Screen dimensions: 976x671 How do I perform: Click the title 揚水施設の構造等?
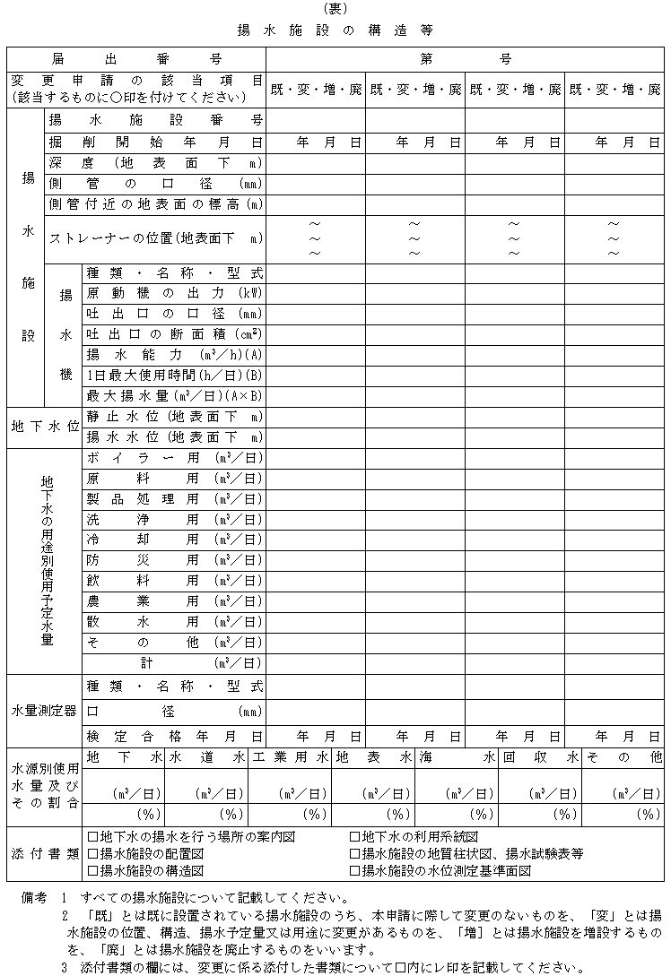(x=335, y=30)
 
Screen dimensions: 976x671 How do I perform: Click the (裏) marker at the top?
(x=335, y=10)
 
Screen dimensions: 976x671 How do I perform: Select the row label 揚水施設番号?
(x=155, y=120)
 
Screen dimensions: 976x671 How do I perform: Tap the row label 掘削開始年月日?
(x=155, y=143)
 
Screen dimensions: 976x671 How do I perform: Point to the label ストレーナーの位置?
(x=155, y=238)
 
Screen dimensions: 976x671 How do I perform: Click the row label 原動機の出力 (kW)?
(x=174, y=293)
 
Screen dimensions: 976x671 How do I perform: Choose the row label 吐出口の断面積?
(x=174, y=334)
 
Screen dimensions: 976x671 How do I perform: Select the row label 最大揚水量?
(x=174, y=395)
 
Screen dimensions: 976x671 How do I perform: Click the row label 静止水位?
(x=174, y=417)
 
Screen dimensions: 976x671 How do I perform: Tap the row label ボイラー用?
(x=174, y=458)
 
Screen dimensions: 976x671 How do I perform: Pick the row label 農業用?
(x=174, y=601)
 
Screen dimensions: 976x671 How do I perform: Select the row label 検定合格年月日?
(x=174, y=736)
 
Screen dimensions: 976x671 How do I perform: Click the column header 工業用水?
(x=291, y=758)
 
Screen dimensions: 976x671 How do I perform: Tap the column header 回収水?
(x=540, y=758)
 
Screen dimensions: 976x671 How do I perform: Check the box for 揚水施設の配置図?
(x=92, y=853)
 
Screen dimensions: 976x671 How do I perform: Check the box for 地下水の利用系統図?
(x=355, y=837)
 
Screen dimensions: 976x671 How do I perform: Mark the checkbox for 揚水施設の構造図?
(x=92, y=870)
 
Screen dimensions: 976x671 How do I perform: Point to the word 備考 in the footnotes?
(x=34, y=898)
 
